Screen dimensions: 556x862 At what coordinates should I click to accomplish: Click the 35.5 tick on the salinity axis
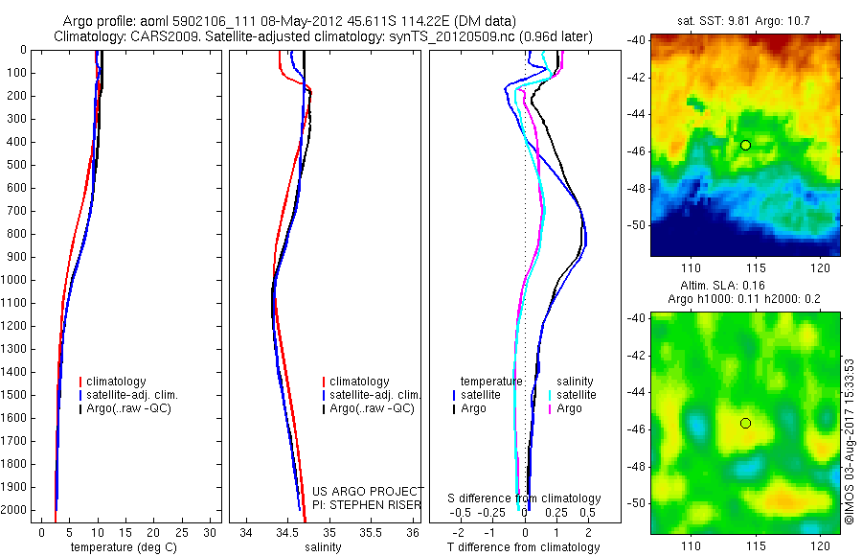point(371,532)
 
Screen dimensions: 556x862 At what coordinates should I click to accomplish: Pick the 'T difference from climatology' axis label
point(523,547)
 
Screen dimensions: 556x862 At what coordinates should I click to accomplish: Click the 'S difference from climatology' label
point(525,498)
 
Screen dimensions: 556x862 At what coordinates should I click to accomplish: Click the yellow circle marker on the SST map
point(745,145)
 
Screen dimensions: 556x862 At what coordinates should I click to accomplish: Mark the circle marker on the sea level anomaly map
point(745,423)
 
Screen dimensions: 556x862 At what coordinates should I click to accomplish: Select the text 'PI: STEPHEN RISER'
point(368,505)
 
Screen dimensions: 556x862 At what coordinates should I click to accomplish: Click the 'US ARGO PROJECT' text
point(368,492)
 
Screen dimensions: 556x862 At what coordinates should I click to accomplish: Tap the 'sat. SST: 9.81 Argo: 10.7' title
point(746,19)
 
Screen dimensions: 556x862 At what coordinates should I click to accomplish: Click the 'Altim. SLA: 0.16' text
point(746,286)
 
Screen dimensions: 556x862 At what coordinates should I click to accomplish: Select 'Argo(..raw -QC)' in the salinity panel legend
point(372,408)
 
